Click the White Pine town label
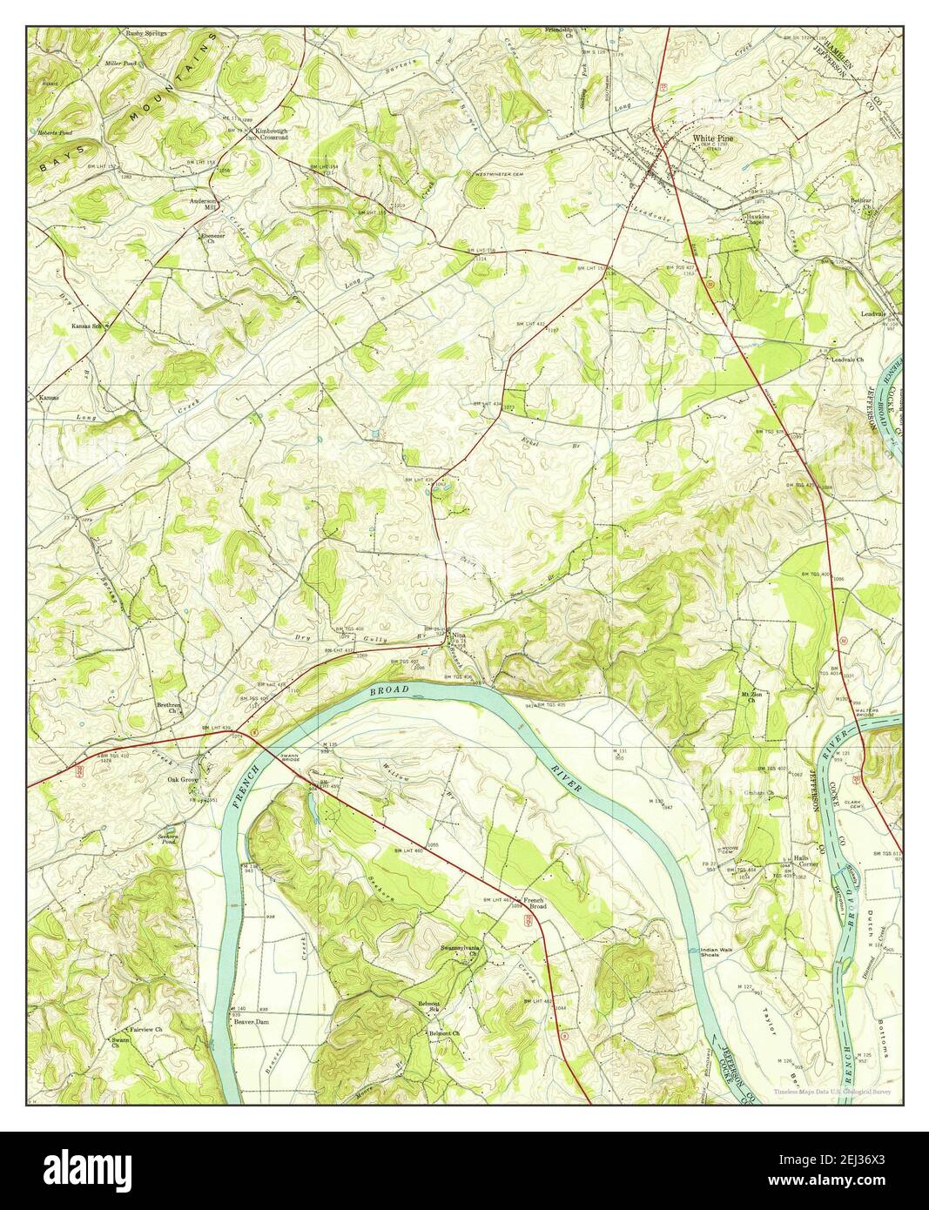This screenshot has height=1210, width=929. [x=711, y=138]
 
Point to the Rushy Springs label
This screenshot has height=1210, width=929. [x=146, y=33]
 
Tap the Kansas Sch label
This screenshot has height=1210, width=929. [x=88, y=326]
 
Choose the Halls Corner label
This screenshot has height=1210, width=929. [x=804, y=860]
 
